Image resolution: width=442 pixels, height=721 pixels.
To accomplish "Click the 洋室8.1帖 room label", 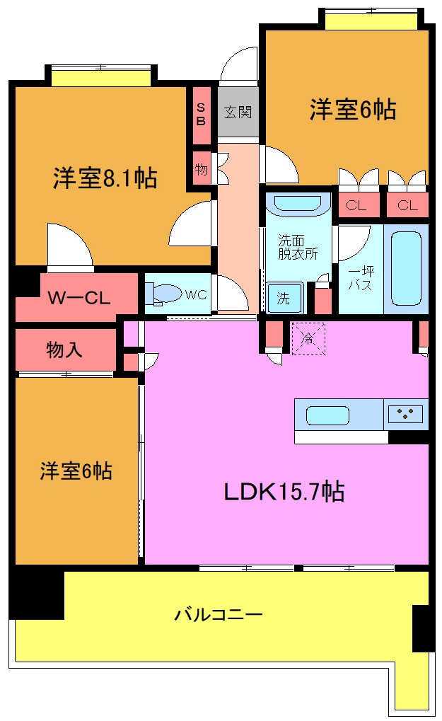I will click(x=105, y=178).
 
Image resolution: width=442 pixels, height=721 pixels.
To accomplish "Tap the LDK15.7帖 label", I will click(x=284, y=491).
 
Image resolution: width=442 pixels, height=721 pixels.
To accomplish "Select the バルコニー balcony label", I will click(x=219, y=613).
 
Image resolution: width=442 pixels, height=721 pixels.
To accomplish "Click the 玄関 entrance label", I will click(x=238, y=112).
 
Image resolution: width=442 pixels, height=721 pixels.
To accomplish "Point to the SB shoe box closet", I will click(x=201, y=114).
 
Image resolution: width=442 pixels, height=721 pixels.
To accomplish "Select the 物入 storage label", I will click(x=66, y=349).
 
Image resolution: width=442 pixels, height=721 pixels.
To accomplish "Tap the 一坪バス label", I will click(x=360, y=279).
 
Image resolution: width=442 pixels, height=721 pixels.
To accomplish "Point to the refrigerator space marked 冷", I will click(x=308, y=339).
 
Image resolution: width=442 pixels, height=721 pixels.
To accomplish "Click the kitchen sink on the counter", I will click(x=327, y=415).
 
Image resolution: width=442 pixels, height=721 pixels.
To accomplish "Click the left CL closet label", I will click(x=356, y=206).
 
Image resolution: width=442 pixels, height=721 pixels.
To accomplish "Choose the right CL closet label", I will click(x=407, y=206).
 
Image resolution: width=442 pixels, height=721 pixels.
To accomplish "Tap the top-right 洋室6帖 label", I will click(x=352, y=110).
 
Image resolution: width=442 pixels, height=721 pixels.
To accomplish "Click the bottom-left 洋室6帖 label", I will click(x=76, y=471).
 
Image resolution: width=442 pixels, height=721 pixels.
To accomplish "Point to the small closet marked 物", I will click(x=201, y=170).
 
